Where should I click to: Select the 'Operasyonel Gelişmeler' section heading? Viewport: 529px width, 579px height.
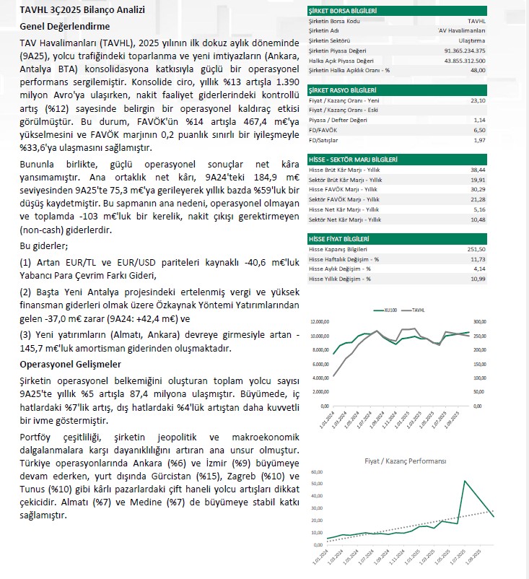71,365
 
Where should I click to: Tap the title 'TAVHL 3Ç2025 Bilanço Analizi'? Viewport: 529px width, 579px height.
82,10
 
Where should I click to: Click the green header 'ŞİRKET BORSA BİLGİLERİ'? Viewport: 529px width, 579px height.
343,12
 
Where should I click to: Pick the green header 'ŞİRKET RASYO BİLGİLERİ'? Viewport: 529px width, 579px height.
342,90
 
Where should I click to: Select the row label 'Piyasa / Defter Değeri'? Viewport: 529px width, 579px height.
338,119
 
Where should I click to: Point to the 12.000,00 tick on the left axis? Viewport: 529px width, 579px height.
320,322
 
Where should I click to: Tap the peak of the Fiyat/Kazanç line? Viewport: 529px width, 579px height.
464,481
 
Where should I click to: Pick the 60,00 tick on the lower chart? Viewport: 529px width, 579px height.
318,473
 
